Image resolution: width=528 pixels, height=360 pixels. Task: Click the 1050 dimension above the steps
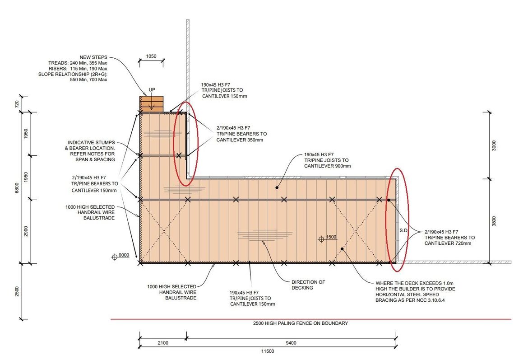pos(151,56)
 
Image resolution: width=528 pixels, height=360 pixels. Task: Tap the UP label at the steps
pos(152,90)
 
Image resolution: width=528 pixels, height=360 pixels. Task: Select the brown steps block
pos(152,104)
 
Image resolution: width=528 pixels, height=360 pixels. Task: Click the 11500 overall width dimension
pos(268,351)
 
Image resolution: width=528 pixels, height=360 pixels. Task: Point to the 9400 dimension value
pos(291,343)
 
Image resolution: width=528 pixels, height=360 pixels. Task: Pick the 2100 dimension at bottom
pos(163,343)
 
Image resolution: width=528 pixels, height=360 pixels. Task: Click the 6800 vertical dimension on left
pos(17,188)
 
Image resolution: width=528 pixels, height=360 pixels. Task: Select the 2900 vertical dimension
pos(26,231)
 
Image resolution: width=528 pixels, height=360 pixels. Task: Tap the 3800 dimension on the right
pos(494,221)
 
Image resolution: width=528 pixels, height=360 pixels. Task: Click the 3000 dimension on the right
pos(494,145)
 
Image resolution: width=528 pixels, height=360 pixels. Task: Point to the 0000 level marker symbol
pos(115,257)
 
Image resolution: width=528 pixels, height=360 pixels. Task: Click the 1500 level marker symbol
pos(321,239)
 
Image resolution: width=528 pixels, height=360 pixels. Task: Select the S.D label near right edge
pos(403,230)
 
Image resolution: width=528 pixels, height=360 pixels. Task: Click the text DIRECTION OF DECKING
pos(308,285)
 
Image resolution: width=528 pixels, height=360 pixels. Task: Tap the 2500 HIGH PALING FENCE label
pos(301,323)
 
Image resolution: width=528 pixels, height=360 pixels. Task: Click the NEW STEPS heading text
pos(93,57)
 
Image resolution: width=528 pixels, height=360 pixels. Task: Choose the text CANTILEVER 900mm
pos(327,166)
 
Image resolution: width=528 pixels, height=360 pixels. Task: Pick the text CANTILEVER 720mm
pos(448,243)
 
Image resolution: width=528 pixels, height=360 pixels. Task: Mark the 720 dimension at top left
pos(17,104)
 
